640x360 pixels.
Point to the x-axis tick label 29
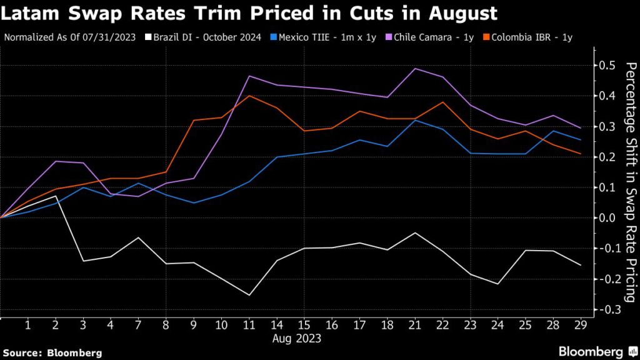pos(581,326)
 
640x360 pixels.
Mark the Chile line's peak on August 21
pos(415,68)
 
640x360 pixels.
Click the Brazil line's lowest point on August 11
pos(249,295)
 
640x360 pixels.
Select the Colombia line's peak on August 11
pos(249,96)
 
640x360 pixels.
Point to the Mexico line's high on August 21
pos(415,120)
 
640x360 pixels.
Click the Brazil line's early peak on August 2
pos(56,196)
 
